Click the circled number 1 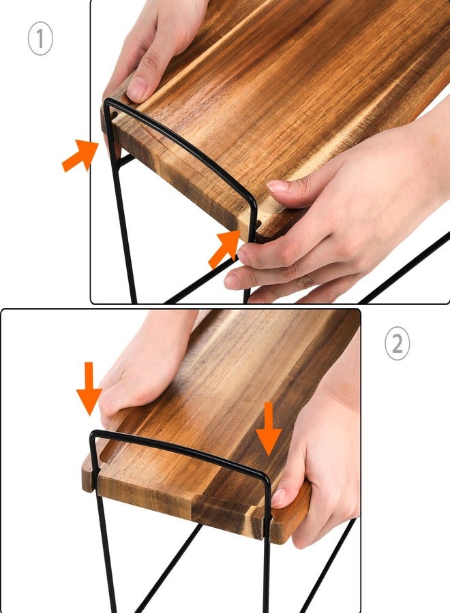[x=40, y=40]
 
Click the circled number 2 [x=397, y=345]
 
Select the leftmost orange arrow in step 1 [x=80, y=155]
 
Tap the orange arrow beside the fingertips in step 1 [x=224, y=249]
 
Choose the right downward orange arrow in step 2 [x=269, y=428]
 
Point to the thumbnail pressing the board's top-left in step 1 [x=138, y=89]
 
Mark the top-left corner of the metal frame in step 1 [x=108, y=102]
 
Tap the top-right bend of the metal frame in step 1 [x=253, y=202]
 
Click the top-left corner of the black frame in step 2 [x=93, y=435]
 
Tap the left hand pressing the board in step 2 [x=143, y=368]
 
